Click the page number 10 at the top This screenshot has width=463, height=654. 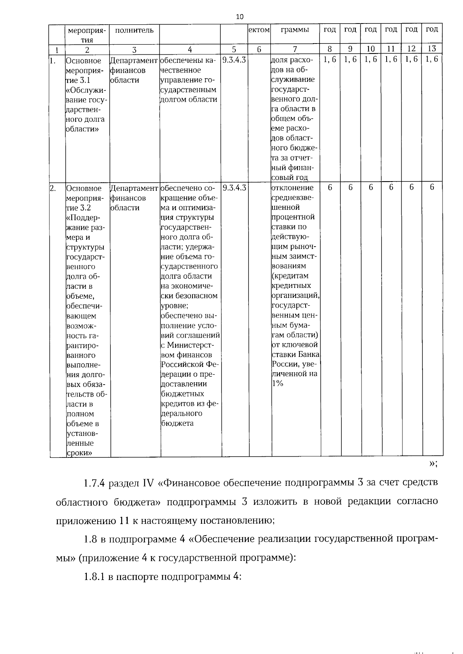click(x=240, y=17)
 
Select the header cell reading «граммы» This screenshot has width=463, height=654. click(x=295, y=30)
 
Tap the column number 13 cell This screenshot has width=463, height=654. click(x=432, y=49)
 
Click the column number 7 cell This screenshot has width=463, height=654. click(x=295, y=49)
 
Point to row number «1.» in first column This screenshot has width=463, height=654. click(x=54, y=60)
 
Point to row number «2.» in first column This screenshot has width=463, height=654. click(x=54, y=188)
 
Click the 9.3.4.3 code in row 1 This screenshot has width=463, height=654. click(x=234, y=60)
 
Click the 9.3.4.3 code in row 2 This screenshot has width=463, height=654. click(x=234, y=188)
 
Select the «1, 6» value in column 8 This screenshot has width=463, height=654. click(x=330, y=60)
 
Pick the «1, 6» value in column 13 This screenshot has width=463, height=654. click(x=432, y=60)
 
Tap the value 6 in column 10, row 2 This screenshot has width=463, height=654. click(x=371, y=187)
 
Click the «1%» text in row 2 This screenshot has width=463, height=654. click(x=278, y=383)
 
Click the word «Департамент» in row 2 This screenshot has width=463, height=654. click(x=134, y=188)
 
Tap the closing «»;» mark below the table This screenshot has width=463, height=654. click(x=433, y=464)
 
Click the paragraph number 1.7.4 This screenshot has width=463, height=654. click(x=95, y=483)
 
